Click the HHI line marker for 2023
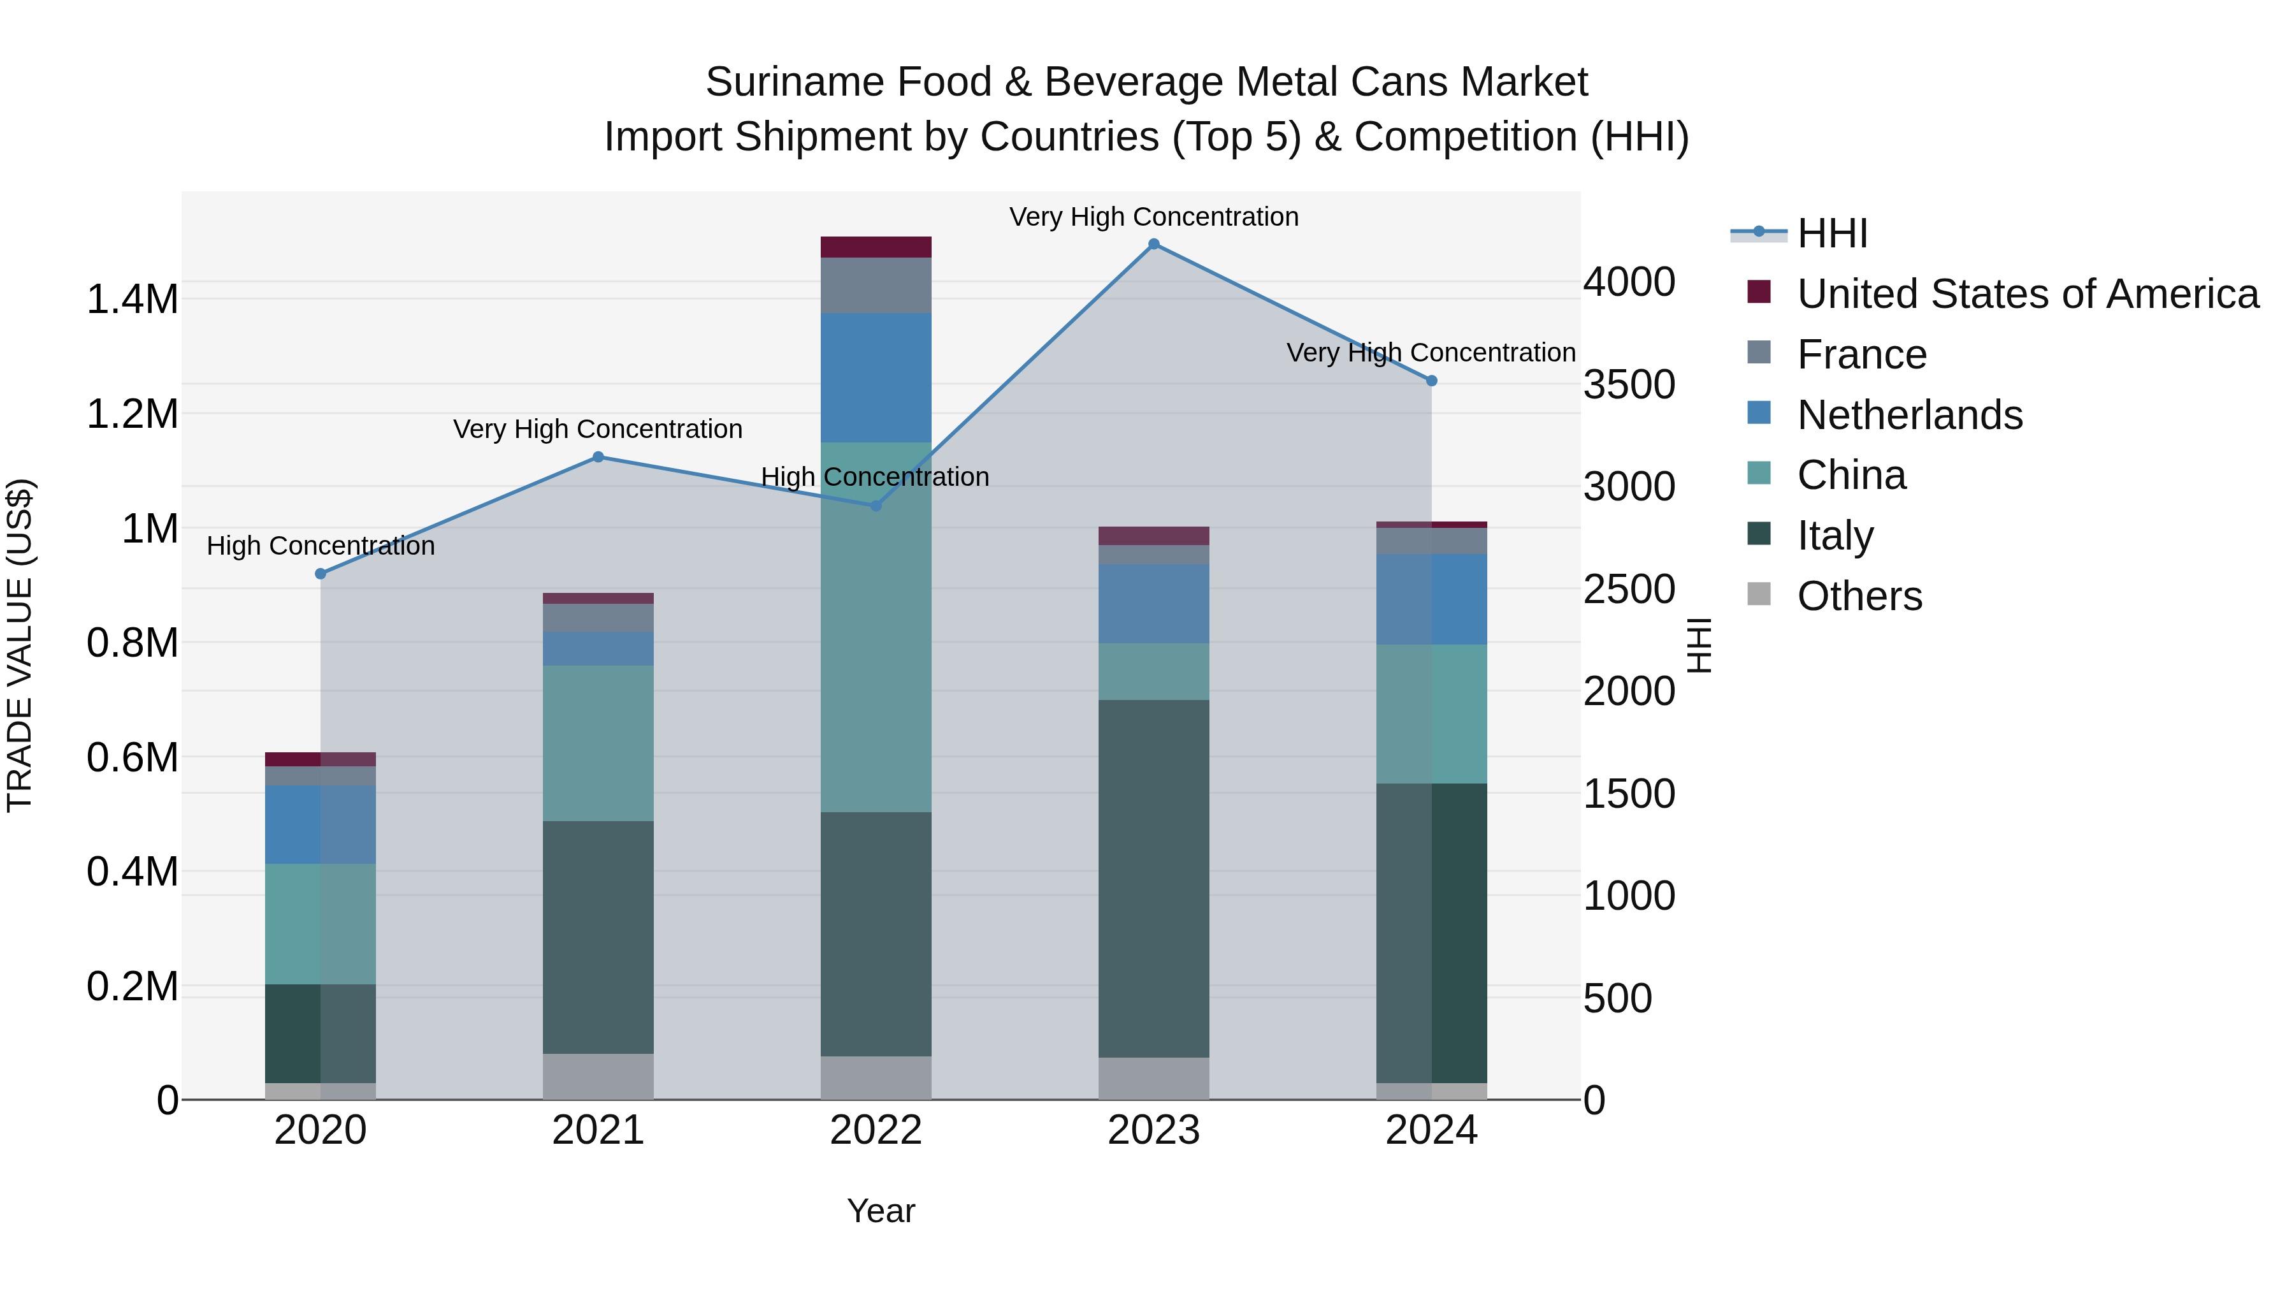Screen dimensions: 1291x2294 pos(1153,244)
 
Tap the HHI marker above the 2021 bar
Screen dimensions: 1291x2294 pos(598,457)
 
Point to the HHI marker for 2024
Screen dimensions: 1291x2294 pos(1431,381)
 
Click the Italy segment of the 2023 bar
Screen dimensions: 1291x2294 pos(1153,878)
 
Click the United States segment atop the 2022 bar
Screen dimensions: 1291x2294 pos(876,247)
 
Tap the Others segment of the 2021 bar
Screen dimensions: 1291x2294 pos(598,1076)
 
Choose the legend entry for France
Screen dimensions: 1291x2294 pos(1861,354)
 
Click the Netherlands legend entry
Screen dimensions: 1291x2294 pos(1909,415)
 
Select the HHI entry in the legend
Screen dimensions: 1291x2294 pos(1832,233)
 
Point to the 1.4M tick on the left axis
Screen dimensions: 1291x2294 pos(132,300)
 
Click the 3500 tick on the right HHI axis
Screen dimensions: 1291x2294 pos(1629,385)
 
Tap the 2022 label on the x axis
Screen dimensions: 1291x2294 pos(876,1130)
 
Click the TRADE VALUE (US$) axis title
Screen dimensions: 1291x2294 pos(20,645)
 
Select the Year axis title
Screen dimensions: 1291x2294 pos(881,1211)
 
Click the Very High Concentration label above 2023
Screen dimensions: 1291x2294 pos(1153,217)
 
